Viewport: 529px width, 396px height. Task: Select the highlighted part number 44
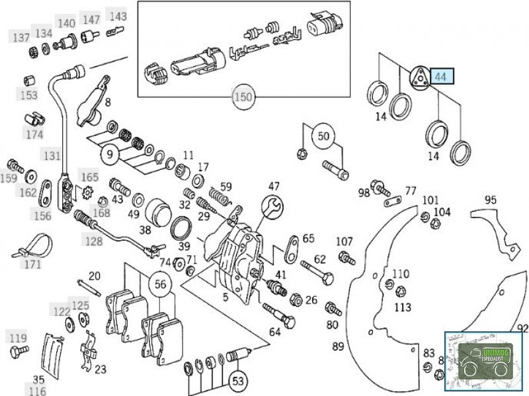[440, 77]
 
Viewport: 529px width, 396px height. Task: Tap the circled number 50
[323, 137]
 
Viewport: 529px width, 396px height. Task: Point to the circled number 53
[238, 381]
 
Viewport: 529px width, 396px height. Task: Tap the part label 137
[20, 38]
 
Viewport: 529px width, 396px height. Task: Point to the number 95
[490, 200]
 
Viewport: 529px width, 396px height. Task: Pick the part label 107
[345, 241]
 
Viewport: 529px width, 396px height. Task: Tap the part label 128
[93, 241]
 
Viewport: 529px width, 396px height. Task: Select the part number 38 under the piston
[144, 231]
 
